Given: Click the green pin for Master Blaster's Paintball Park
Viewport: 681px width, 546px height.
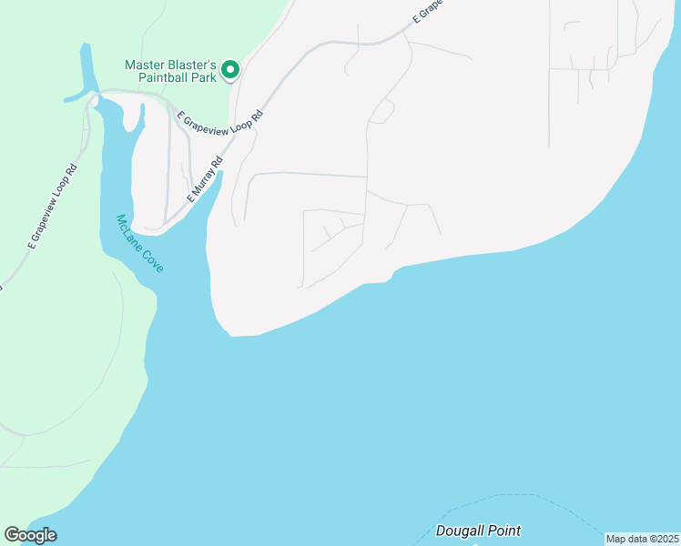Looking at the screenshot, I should (230, 69).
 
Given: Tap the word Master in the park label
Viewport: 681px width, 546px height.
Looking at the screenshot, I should (147, 66).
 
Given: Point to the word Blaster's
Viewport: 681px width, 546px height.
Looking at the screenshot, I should (193, 66).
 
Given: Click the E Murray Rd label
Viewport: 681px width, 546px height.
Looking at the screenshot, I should (205, 182).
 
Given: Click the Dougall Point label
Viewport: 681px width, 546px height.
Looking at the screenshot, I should (478, 531).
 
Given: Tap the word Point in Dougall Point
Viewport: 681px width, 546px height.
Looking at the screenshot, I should (503, 531).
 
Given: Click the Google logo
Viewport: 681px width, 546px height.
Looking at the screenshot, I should (30, 535).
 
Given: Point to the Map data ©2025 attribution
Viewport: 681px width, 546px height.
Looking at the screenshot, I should (642, 539).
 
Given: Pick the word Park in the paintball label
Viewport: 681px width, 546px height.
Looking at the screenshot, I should (203, 78).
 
